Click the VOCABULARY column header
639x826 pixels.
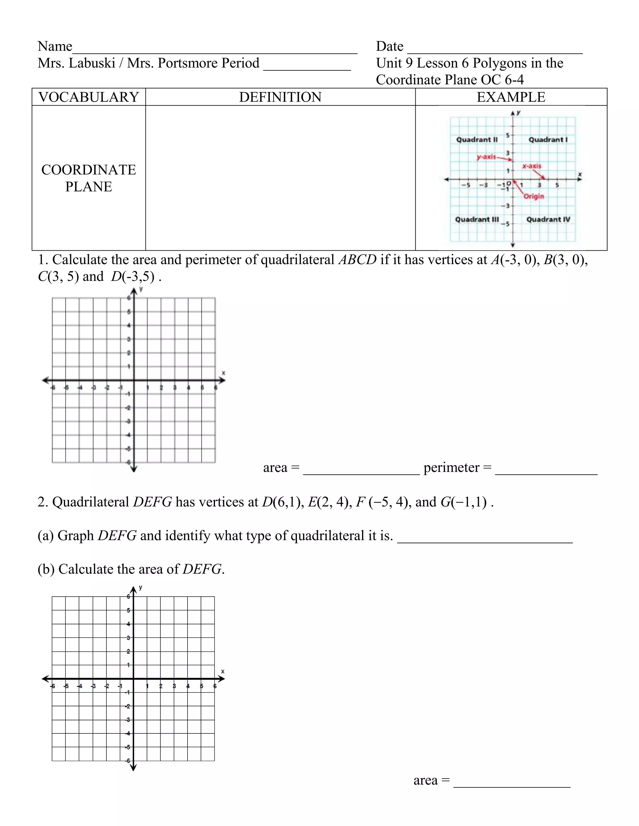(89, 97)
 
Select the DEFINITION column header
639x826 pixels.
(280, 97)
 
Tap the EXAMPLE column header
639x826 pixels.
(511, 97)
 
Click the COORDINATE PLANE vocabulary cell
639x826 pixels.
(89, 178)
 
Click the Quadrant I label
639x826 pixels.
(548, 140)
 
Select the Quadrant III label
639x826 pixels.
(477, 219)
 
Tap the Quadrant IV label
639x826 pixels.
(548, 219)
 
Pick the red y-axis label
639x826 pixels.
(486, 156)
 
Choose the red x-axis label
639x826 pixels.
(532, 166)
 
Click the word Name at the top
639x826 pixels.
(55, 46)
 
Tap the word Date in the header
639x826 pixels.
(389, 46)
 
